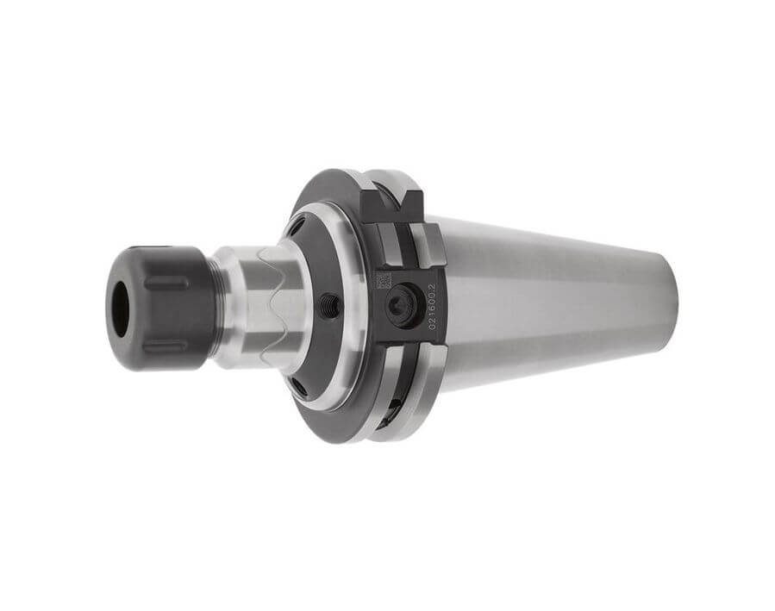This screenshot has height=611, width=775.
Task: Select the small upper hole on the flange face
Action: click(x=297, y=228)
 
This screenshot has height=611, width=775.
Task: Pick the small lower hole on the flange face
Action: click(x=297, y=384)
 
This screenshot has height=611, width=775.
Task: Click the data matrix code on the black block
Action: click(x=384, y=280)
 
